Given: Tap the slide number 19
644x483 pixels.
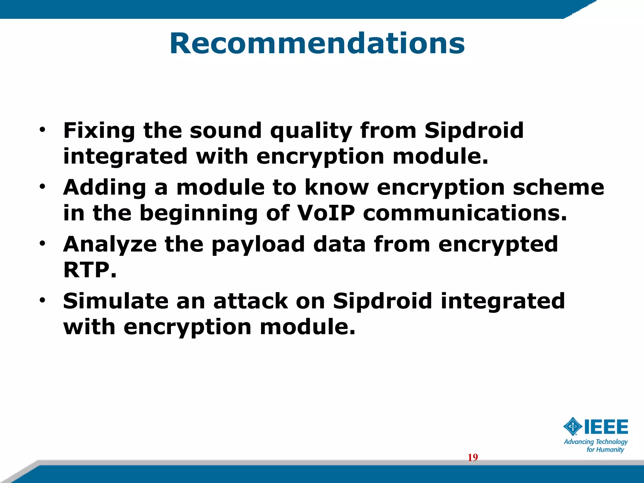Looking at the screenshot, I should pos(473,458).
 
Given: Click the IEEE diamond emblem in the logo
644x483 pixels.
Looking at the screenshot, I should pos(573,427).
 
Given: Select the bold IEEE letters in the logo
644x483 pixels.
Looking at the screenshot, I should pos(606,427).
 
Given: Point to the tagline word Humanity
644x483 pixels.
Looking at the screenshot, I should pos(611,450).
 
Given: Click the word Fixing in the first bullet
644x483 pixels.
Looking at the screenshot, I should pos(99,130).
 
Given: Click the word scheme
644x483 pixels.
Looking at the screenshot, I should pos(558,187).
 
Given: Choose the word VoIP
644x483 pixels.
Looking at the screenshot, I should pos(326,213).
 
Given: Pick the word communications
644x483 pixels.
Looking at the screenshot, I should pos(465,213).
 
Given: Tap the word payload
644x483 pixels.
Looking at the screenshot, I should pos(258,245).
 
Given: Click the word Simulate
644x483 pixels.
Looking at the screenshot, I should pos(116,301).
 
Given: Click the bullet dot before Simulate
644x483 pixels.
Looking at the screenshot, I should pos(42,300).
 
